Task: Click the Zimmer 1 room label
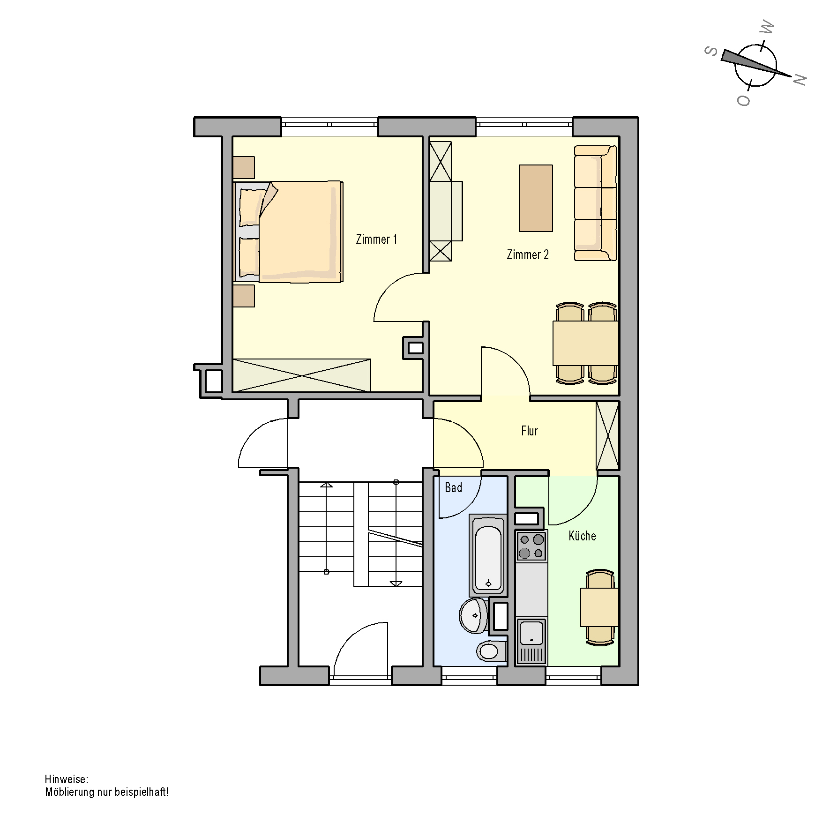tap(376, 239)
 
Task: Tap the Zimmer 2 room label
tap(528, 255)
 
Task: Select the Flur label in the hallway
tap(530, 431)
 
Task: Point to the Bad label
tap(453, 488)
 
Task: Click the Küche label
tap(582, 536)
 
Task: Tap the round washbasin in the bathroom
tap(474, 615)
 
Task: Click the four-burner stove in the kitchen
tap(531, 546)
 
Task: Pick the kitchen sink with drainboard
tap(531, 641)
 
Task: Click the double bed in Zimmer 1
tap(288, 232)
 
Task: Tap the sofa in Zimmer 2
tap(595, 203)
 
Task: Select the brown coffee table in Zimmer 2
tap(536, 198)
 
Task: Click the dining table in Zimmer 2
tap(585, 343)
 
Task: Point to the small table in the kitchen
tap(599, 607)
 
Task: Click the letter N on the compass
tap(799, 80)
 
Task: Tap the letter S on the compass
tap(711, 51)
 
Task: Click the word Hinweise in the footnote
tap(66, 779)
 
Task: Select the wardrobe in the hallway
tap(607, 436)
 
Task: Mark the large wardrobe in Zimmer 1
tap(302, 375)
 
